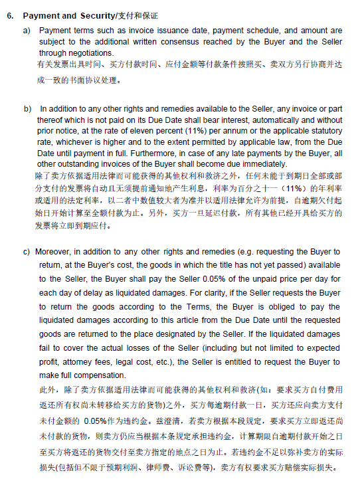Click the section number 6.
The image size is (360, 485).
10,15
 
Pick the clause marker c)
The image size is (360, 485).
27,252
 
